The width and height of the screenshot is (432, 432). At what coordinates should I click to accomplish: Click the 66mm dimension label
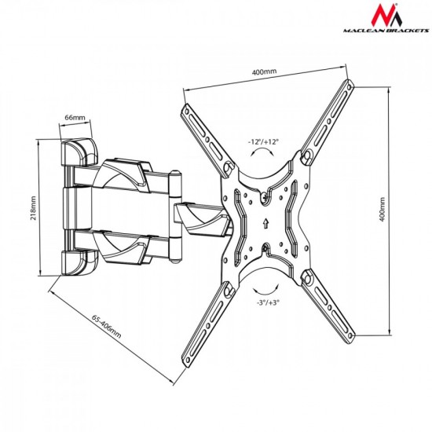75,117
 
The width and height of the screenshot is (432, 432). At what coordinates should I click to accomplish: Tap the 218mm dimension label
33,208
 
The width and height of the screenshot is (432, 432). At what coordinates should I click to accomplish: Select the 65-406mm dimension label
106,327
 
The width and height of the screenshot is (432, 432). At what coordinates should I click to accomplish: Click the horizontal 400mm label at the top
264,72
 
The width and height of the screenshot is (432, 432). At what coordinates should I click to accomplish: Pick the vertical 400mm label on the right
383,210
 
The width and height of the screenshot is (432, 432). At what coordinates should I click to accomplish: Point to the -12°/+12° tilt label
263,142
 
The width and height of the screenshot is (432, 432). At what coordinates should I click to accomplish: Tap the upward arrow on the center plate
265,223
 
